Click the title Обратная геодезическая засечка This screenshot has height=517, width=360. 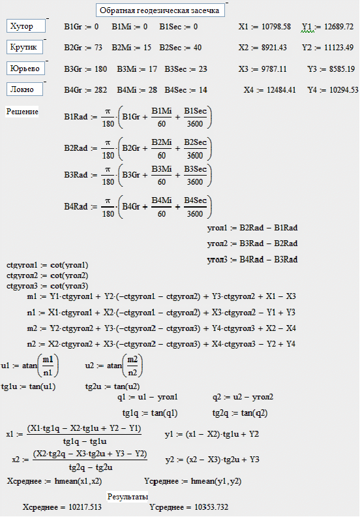(159, 10)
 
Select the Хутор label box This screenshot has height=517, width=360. (26, 26)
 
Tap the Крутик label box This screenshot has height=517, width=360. (24, 47)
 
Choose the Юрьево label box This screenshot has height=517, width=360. (25, 69)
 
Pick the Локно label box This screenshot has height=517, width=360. (24, 89)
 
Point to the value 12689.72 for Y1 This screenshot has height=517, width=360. (338, 27)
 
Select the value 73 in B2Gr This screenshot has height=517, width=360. (98, 48)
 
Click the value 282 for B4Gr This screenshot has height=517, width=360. (100, 90)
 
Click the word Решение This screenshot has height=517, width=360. (22, 112)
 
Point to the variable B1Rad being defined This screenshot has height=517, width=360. (76, 117)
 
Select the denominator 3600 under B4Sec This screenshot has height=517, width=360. (194, 213)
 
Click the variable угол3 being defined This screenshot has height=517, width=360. (217, 260)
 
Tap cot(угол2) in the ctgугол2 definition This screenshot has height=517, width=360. (70, 275)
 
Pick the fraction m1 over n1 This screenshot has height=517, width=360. (48, 366)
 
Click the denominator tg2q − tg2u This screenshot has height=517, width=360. (91, 467)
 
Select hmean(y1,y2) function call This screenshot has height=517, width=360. (216, 481)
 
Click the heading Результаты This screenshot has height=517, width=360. (127, 497)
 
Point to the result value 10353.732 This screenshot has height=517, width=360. (211, 507)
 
